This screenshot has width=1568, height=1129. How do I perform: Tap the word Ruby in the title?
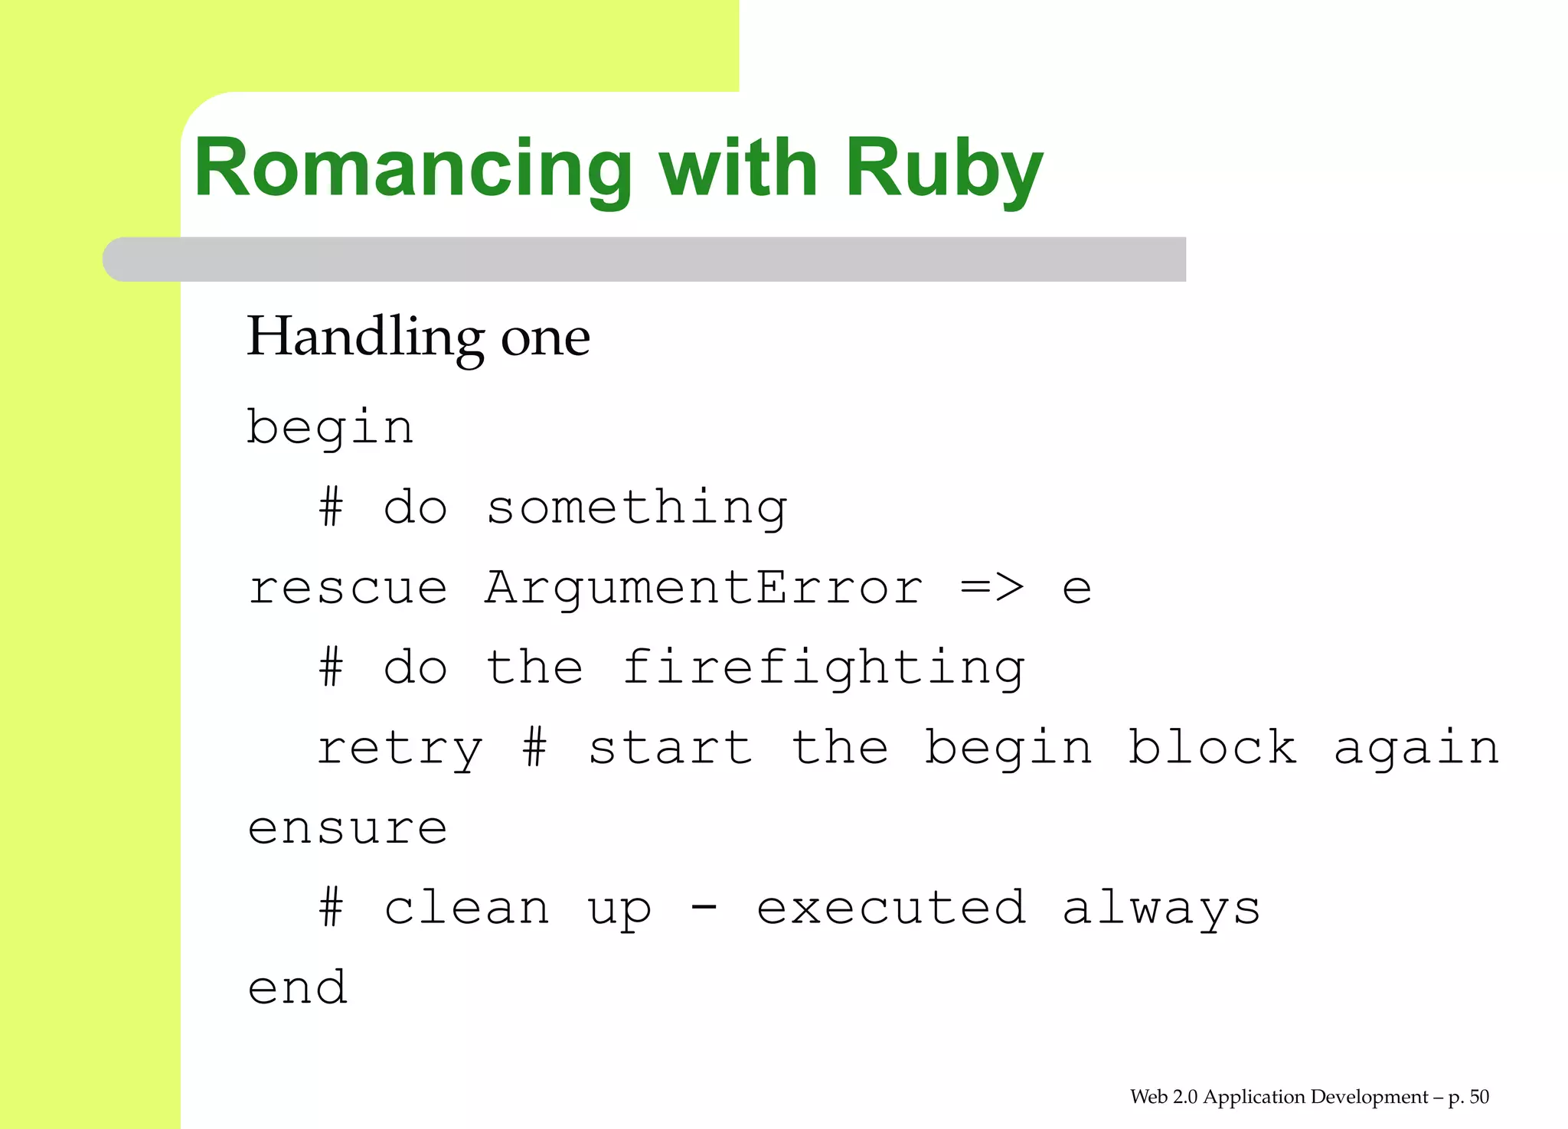pyautogui.click(x=943, y=170)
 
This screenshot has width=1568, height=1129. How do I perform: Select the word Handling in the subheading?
pyautogui.click(x=364, y=338)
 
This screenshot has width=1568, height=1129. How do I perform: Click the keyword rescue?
pyautogui.click(x=348, y=589)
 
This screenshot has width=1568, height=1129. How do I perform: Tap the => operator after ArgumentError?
pyautogui.click(x=991, y=589)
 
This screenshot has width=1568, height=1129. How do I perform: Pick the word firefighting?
pyautogui.click(x=823, y=668)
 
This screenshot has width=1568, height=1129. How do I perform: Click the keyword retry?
pyautogui.click(x=399, y=749)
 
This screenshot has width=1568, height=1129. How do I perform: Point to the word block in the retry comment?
pyautogui.click(x=1212, y=747)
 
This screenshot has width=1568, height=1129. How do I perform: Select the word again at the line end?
pyautogui.click(x=1416, y=749)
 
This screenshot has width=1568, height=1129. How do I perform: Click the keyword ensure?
pyautogui.click(x=348, y=829)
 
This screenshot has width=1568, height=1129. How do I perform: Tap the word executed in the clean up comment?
pyautogui.click(x=890, y=909)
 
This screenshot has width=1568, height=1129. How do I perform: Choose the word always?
pyautogui.click(x=1161, y=909)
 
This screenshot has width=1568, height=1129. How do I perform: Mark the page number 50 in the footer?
pyautogui.click(x=1479, y=1097)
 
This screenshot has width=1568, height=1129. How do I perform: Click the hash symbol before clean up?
pyautogui.click(x=331, y=909)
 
